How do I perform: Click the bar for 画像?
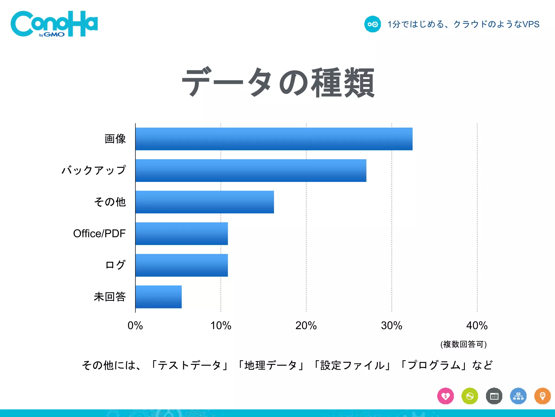tap(274, 139)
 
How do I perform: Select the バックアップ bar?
tap(251, 170)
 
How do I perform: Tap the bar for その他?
tap(205, 202)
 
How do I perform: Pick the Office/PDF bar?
tap(182, 233)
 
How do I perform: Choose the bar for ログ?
tap(182, 265)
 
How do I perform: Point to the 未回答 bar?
tap(159, 297)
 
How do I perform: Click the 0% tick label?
tap(135, 326)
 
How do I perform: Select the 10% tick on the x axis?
tap(221, 326)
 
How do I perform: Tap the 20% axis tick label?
tap(306, 326)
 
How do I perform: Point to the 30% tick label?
tap(392, 326)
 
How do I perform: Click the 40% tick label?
tap(477, 326)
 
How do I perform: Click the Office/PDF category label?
tap(99, 233)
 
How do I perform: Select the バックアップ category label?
tap(94, 170)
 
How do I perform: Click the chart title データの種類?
tap(278, 83)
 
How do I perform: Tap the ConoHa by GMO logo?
tap(54, 24)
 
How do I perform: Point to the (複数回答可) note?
tap(463, 344)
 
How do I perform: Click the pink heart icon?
tap(446, 396)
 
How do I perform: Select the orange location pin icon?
tap(542, 396)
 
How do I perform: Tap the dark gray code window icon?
tap(494, 396)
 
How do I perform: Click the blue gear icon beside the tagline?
tap(373, 24)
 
